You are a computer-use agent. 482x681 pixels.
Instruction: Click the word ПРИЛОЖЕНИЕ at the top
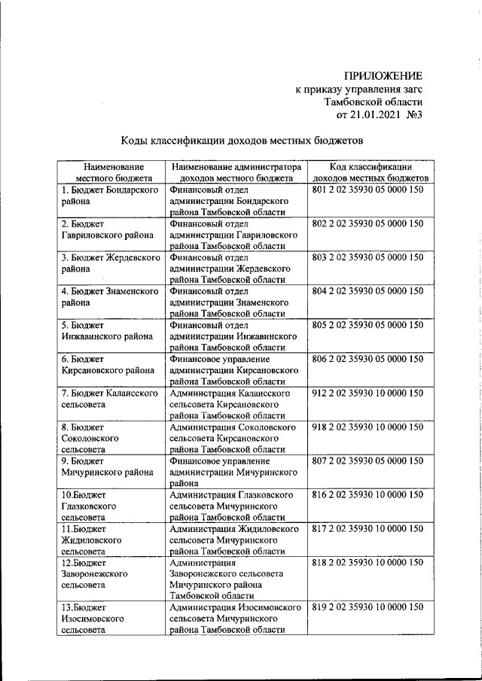(x=383, y=75)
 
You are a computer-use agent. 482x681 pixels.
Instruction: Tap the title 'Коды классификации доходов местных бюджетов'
(x=243, y=140)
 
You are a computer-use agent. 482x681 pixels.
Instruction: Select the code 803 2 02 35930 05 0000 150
(x=367, y=257)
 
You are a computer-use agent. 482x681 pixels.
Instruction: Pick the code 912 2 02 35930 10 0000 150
(x=367, y=393)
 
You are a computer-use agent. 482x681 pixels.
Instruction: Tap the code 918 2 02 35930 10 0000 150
(x=367, y=427)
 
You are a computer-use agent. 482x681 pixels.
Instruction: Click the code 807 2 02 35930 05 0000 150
(x=367, y=461)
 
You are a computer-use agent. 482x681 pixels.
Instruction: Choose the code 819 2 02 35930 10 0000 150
(x=367, y=607)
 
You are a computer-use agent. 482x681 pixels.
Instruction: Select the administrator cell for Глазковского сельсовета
(x=236, y=506)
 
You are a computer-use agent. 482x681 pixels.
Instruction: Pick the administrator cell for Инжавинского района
(x=236, y=336)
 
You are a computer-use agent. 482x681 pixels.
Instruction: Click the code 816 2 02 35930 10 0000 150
(x=367, y=494)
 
